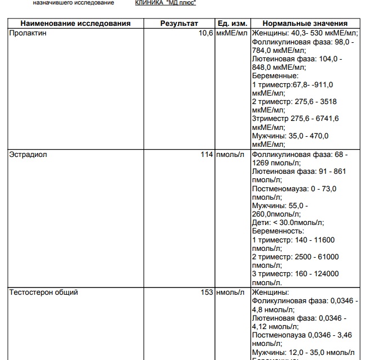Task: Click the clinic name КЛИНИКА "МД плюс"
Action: coord(166,3)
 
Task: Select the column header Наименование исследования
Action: coord(75,24)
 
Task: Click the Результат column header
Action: coord(179,24)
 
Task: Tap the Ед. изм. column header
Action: coord(232,24)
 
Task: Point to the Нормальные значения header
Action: coord(305,24)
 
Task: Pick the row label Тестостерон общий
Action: coord(43,292)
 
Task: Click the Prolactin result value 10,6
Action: coord(206,33)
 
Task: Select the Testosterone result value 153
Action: coord(207,292)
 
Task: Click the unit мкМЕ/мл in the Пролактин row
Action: coord(232,33)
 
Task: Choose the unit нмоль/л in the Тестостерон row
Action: coord(230,292)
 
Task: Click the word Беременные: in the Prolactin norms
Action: coord(275,76)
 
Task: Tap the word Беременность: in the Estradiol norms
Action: coord(278,231)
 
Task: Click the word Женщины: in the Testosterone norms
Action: coord(270,292)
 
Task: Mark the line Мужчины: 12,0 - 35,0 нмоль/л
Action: coord(304,352)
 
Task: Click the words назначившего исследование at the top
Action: coord(73,3)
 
